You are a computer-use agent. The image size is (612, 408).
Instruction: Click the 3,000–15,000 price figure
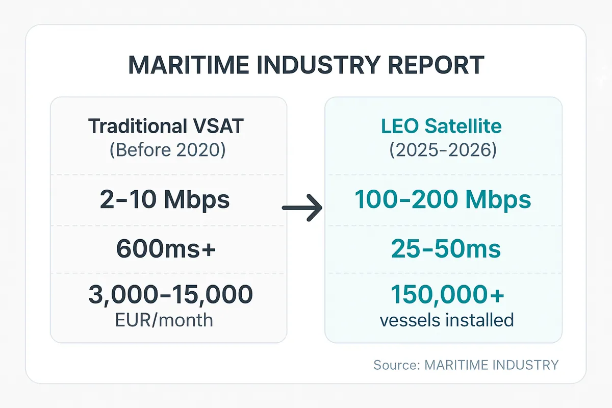[x=170, y=295]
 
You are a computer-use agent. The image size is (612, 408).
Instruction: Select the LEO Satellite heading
[x=442, y=126]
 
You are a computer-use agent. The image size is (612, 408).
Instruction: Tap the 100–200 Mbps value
[x=443, y=200]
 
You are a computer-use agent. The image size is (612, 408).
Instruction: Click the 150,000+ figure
[x=447, y=295]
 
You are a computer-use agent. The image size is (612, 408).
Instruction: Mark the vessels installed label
[x=446, y=320]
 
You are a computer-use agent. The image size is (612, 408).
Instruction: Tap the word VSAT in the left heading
[x=222, y=126]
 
